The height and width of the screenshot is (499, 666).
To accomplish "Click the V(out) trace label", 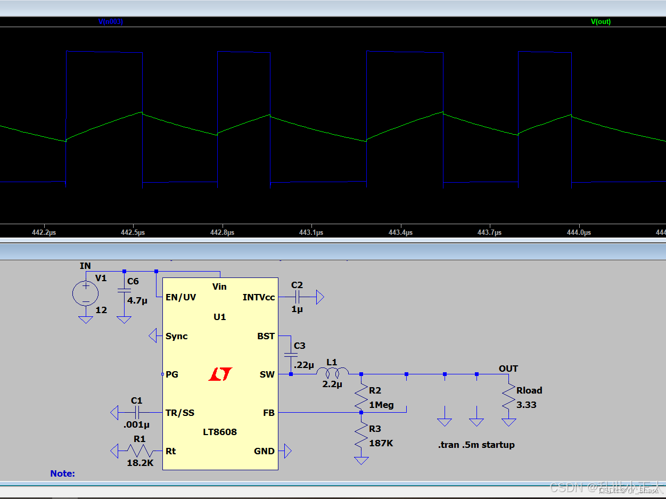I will tap(601, 22).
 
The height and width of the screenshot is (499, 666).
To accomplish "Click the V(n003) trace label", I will tap(111, 22).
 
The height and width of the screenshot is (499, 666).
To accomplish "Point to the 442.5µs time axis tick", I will tap(133, 232).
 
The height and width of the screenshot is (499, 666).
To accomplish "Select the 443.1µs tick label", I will tap(311, 232).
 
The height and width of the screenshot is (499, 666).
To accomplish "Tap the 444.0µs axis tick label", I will tap(579, 232).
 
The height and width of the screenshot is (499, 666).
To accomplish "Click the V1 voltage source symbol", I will tap(85, 293).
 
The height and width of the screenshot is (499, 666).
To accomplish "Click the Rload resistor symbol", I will tap(509, 397).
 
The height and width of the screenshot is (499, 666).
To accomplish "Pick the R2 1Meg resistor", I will tap(361, 397).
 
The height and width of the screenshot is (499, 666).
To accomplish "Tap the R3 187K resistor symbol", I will tap(361, 436).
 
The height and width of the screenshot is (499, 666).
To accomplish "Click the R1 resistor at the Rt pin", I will tap(139, 451).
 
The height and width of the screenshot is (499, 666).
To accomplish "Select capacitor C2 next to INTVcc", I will tap(297, 297).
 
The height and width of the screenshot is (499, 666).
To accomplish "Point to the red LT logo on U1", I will tap(220, 374).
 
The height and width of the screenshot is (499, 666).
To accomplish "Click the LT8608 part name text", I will tap(220, 432).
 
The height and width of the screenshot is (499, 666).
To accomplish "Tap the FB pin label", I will tap(269, 413).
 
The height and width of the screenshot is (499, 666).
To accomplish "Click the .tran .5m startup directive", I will tap(476, 445).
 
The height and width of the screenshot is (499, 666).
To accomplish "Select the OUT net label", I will tap(508, 369).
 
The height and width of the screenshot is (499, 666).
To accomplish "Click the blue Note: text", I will tap(63, 473).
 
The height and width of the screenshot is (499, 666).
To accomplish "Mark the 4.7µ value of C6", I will tap(137, 300).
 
